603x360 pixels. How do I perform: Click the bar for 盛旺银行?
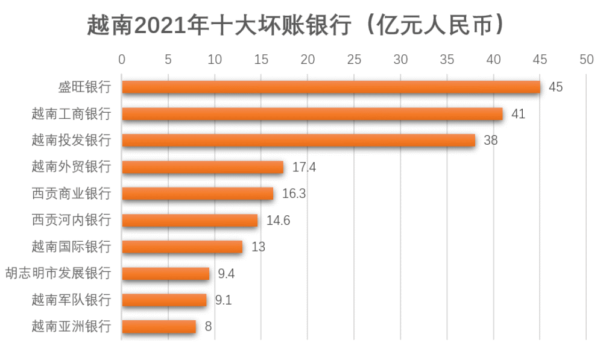pyautogui.click(x=330, y=87)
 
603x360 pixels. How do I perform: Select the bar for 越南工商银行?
pyautogui.click(x=312, y=114)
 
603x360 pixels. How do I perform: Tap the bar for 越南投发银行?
pyautogui.click(x=298, y=141)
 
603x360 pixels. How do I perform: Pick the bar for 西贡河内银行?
pyautogui.click(x=190, y=220)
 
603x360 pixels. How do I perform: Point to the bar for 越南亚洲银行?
pyautogui.click(x=159, y=327)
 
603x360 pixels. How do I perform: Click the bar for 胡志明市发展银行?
pyautogui.click(x=166, y=274)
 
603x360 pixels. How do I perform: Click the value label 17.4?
pyautogui.click(x=304, y=168)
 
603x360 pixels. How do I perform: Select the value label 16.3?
pyautogui.click(x=294, y=194)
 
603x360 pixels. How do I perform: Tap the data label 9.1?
pyautogui.click(x=224, y=300)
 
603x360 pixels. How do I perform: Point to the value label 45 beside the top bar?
pyautogui.click(x=555, y=87)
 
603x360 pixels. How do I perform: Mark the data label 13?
pyautogui.click(x=258, y=247)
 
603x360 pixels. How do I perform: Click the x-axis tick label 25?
pyautogui.click(x=354, y=60)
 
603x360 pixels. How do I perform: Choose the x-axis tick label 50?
pyautogui.click(x=586, y=60)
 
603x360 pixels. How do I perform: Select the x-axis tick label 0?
pyautogui.click(x=122, y=60)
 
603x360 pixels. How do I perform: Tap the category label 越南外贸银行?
pyautogui.click(x=72, y=167)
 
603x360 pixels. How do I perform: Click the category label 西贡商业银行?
pyautogui.click(x=72, y=194)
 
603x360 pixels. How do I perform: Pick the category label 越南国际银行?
pyautogui.click(x=72, y=247)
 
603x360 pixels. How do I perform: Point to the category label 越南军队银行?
pyautogui.click(x=72, y=300)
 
